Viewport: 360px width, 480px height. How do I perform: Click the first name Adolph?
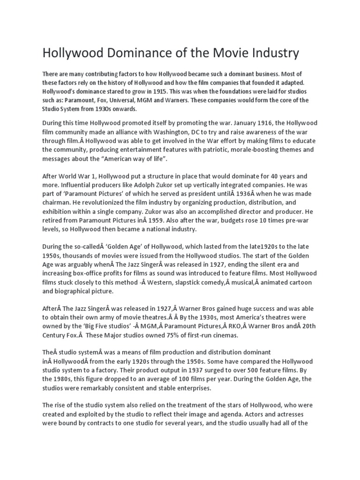[x=134, y=185]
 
